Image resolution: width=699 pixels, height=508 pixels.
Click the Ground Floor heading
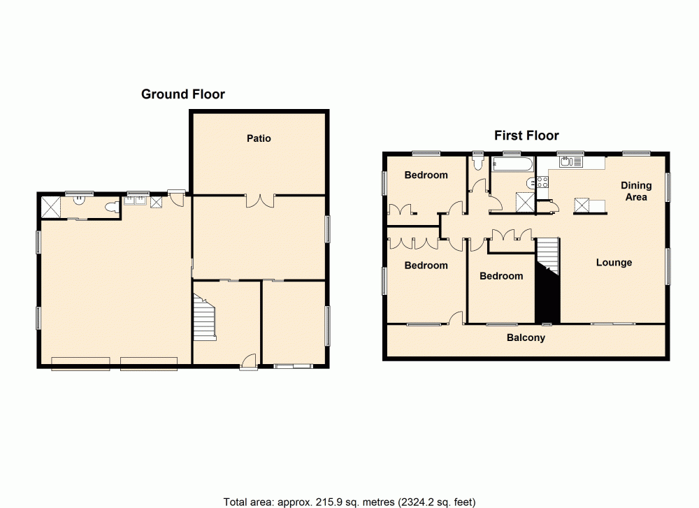[183, 94]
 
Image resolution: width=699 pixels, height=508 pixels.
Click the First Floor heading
[526, 136]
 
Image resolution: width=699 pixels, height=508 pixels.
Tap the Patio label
[258, 138]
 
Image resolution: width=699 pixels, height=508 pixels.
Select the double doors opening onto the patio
[259, 200]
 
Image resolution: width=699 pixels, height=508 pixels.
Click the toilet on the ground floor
[110, 208]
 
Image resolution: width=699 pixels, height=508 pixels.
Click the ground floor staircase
[205, 317]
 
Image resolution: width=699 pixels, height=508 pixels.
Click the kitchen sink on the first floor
[566, 163]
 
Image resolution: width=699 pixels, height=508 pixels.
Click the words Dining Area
[636, 191]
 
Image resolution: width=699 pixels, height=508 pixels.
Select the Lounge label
[614, 263]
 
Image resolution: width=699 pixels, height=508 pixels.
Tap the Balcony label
[526, 338]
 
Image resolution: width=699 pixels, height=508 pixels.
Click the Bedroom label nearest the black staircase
[501, 276]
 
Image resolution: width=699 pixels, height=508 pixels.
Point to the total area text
[349, 501]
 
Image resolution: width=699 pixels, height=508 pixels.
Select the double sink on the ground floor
[134, 201]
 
